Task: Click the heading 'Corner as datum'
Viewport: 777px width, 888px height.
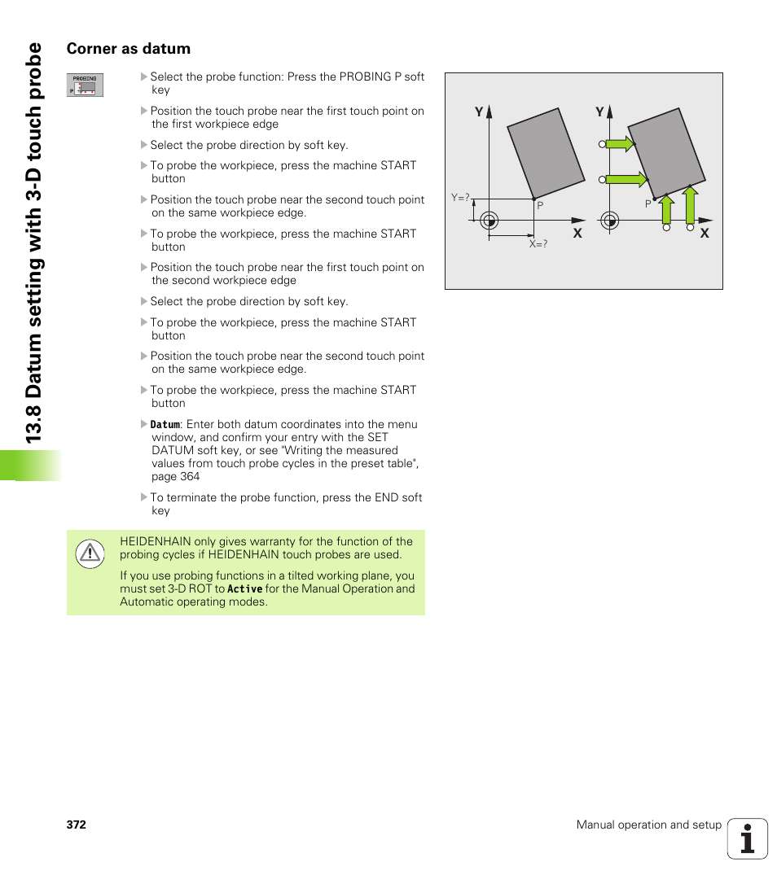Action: (129, 49)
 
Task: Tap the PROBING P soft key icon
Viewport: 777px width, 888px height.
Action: (85, 85)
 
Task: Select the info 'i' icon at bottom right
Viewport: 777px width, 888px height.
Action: (748, 838)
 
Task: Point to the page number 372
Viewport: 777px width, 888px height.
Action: (77, 825)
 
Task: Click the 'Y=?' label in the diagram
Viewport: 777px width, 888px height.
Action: (461, 198)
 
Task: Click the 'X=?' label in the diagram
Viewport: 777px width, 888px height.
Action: (538, 243)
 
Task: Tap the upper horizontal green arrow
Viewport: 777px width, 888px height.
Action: (621, 144)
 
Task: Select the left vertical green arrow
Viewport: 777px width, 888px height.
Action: (666, 209)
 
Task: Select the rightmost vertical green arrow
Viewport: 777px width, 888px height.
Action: (690, 205)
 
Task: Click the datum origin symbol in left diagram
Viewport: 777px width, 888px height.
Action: (489, 220)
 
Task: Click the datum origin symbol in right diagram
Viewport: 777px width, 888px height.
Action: (608, 220)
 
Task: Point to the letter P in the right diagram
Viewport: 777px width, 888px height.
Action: (648, 204)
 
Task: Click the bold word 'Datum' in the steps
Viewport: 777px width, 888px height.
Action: (165, 425)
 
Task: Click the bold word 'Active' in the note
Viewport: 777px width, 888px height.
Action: (244, 589)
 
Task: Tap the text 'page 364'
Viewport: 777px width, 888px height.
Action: (175, 477)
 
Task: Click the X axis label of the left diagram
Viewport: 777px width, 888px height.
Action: (577, 234)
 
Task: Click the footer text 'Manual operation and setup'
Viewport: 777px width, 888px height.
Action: (648, 825)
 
